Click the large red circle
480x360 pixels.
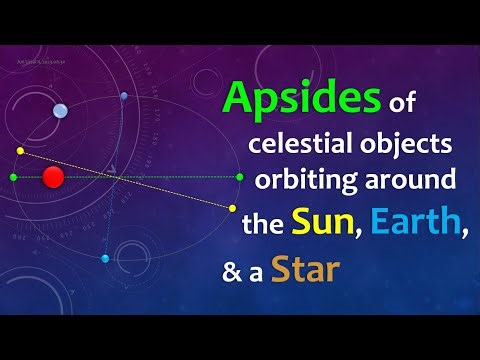coord(54,177)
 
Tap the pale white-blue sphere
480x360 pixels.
coord(60,111)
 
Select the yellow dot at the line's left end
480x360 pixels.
coord(20,151)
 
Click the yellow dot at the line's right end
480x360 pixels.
coord(232,208)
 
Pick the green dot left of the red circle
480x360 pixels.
coord(13,177)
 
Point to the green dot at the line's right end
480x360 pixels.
coord(240,177)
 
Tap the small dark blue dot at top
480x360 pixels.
coord(124,97)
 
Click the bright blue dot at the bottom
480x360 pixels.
coord(105,258)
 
